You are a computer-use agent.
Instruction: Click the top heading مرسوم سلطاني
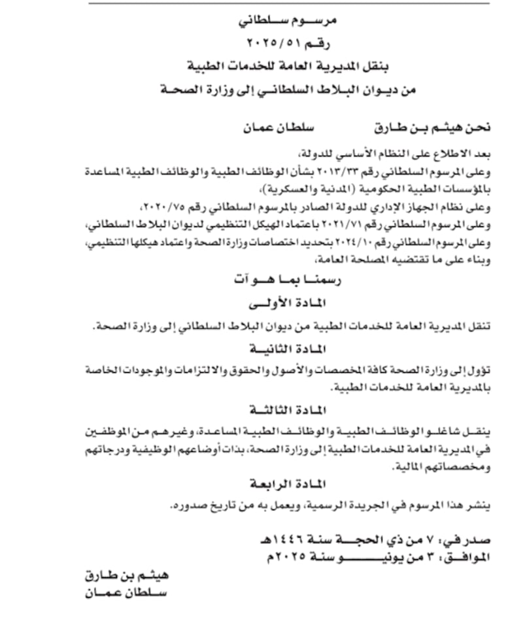click(287, 21)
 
